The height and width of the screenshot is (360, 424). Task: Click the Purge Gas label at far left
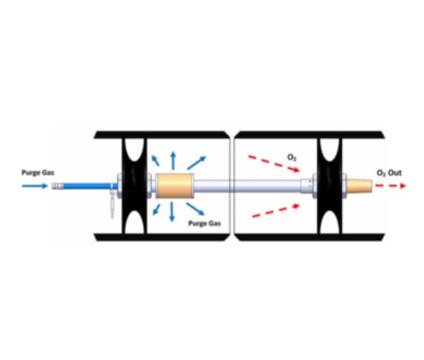click(x=38, y=172)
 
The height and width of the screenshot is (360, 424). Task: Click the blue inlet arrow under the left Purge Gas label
click(x=35, y=186)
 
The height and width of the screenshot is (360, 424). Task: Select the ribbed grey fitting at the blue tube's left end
click(x=57, y=186)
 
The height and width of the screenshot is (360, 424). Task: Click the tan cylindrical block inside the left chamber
click(x=175, y=185)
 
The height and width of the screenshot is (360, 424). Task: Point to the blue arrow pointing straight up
click(x=173, y=161)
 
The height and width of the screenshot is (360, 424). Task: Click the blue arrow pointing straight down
click(x=172, y=212)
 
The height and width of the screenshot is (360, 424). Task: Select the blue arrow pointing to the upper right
click(x=196, y=163)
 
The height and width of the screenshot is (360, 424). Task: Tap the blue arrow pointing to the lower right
click(x=195, y=209)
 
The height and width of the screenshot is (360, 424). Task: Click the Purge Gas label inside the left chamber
click(x=204, y=223)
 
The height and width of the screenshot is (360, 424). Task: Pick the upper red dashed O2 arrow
click(x=274, y=163)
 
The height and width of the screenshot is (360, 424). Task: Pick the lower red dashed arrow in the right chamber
click(x=276, y=211)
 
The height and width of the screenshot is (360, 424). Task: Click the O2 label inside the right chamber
click(x=291, y=157)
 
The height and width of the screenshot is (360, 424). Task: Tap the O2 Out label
click(x=389, y=172)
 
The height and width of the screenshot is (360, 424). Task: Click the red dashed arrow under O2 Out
click(x=391, y=185)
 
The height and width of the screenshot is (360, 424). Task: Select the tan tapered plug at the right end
click(x=359, y=185)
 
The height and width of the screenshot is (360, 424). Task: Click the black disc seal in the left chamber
click(x=134, y=186)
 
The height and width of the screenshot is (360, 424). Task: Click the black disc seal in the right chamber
click(x=329, y=186)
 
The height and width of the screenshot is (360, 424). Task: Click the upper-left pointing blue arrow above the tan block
click(x=155, y=161)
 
